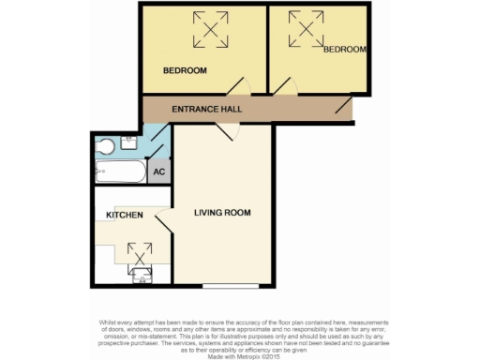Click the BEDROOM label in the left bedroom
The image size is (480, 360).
click(x=185, y=70)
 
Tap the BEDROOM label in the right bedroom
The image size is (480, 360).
click(x=344, y=50)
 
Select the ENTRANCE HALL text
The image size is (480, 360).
click(x=207, y=110)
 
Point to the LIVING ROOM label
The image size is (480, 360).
click(x=222, y=213)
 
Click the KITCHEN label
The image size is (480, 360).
click(x=124, y=215)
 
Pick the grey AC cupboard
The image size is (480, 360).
click(x=159, y=172)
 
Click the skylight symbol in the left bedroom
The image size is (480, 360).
click(x=211, y=30)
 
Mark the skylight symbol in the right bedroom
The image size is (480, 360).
click(x=306, y=30)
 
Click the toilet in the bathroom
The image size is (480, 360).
click(x=105, y=145)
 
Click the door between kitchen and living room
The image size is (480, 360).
click(x=163, y=222)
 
